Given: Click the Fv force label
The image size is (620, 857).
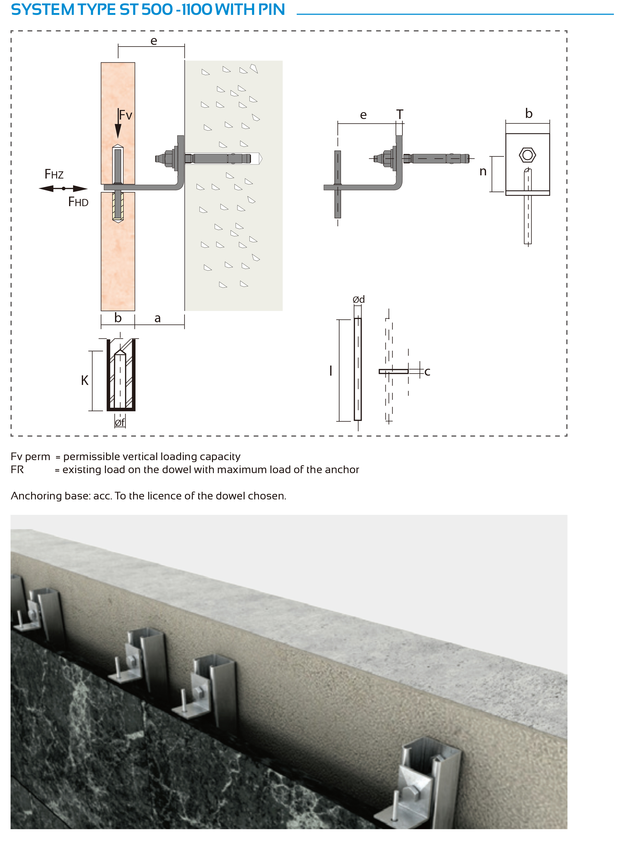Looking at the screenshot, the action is (x=125, y=115).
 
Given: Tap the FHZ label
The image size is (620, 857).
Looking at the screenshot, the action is (x=54, y=174).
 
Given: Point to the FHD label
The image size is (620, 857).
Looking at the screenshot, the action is (x=78, y=202).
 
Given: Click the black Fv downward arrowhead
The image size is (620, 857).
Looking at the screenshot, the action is (x=118, y=130).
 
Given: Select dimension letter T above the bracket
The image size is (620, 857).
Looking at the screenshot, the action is (x=400, y=114).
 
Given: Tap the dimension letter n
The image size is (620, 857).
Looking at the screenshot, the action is (x=483, y=172).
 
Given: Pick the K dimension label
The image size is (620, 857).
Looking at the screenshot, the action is (x=85, y=380).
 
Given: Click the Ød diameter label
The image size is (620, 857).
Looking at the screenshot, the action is (x=359, y=299).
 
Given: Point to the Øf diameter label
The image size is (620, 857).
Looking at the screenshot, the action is (x=120, y=422).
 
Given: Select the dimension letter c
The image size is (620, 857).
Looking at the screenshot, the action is (x=427, y=372).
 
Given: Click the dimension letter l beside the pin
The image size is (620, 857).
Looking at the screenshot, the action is (x=331, y=370).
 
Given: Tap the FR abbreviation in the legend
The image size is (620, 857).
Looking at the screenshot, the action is (x=17, y=469).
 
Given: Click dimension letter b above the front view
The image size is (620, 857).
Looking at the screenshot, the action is (x=529, y=113).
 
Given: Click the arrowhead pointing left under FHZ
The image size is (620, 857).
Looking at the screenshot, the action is (x=46, y=188).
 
